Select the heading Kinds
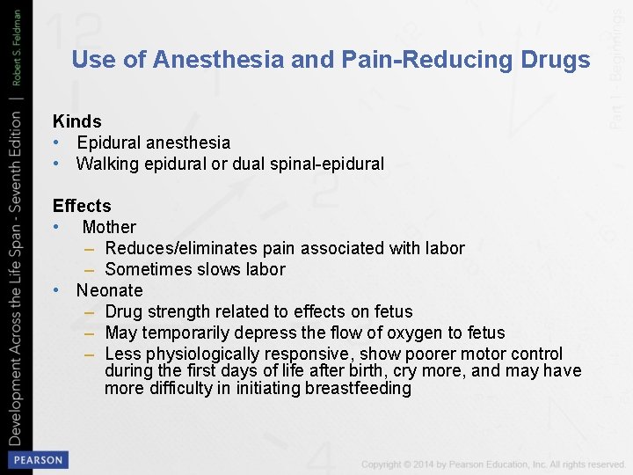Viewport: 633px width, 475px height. (x=77, y=121)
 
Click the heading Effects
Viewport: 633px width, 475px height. (x=82, y=206)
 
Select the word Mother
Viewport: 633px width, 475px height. (x=109, y=227)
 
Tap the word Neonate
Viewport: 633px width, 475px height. (x=109, y=290)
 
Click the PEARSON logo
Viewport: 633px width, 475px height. (x=38, y=459)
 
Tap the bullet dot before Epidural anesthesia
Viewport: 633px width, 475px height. (x=56, y=142)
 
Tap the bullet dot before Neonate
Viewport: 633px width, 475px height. (x=56, y=290)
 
